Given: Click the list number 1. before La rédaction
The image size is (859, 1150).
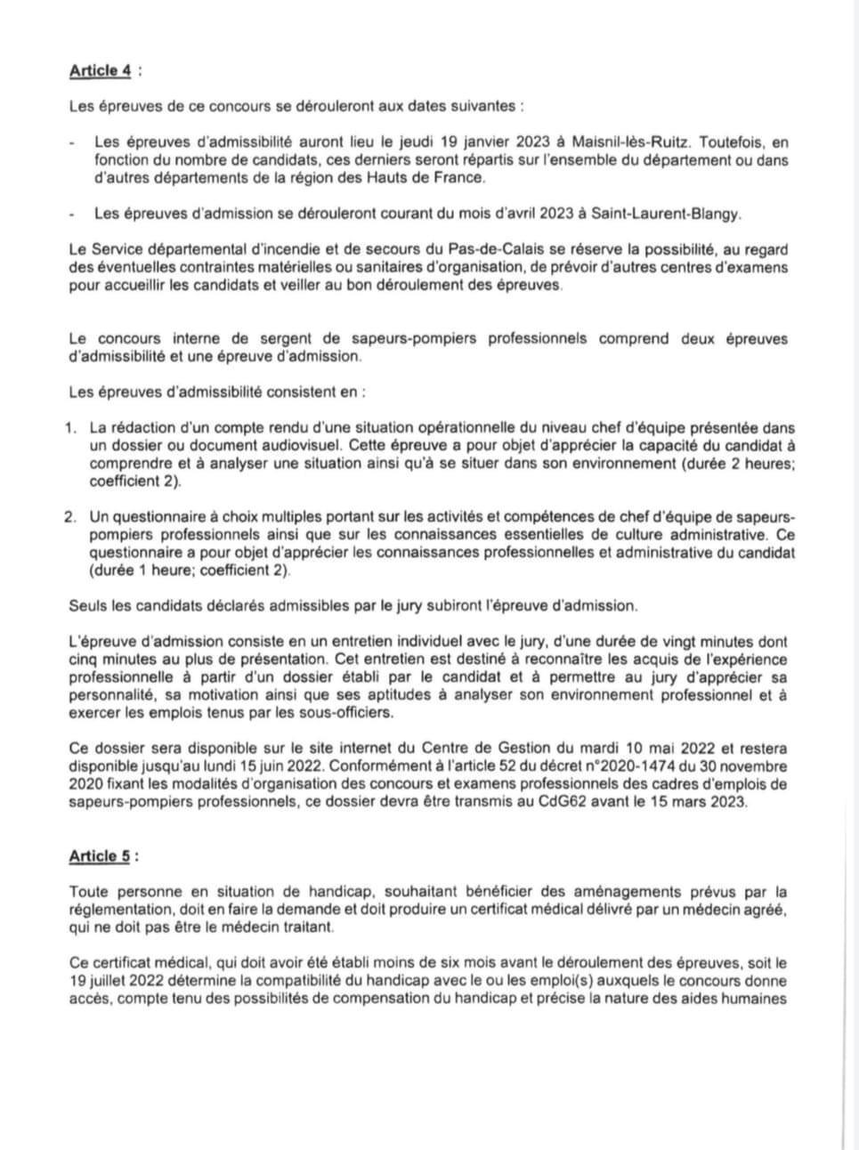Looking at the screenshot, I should click(71, 428).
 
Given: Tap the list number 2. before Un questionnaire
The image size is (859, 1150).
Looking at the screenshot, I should click(71, 517).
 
